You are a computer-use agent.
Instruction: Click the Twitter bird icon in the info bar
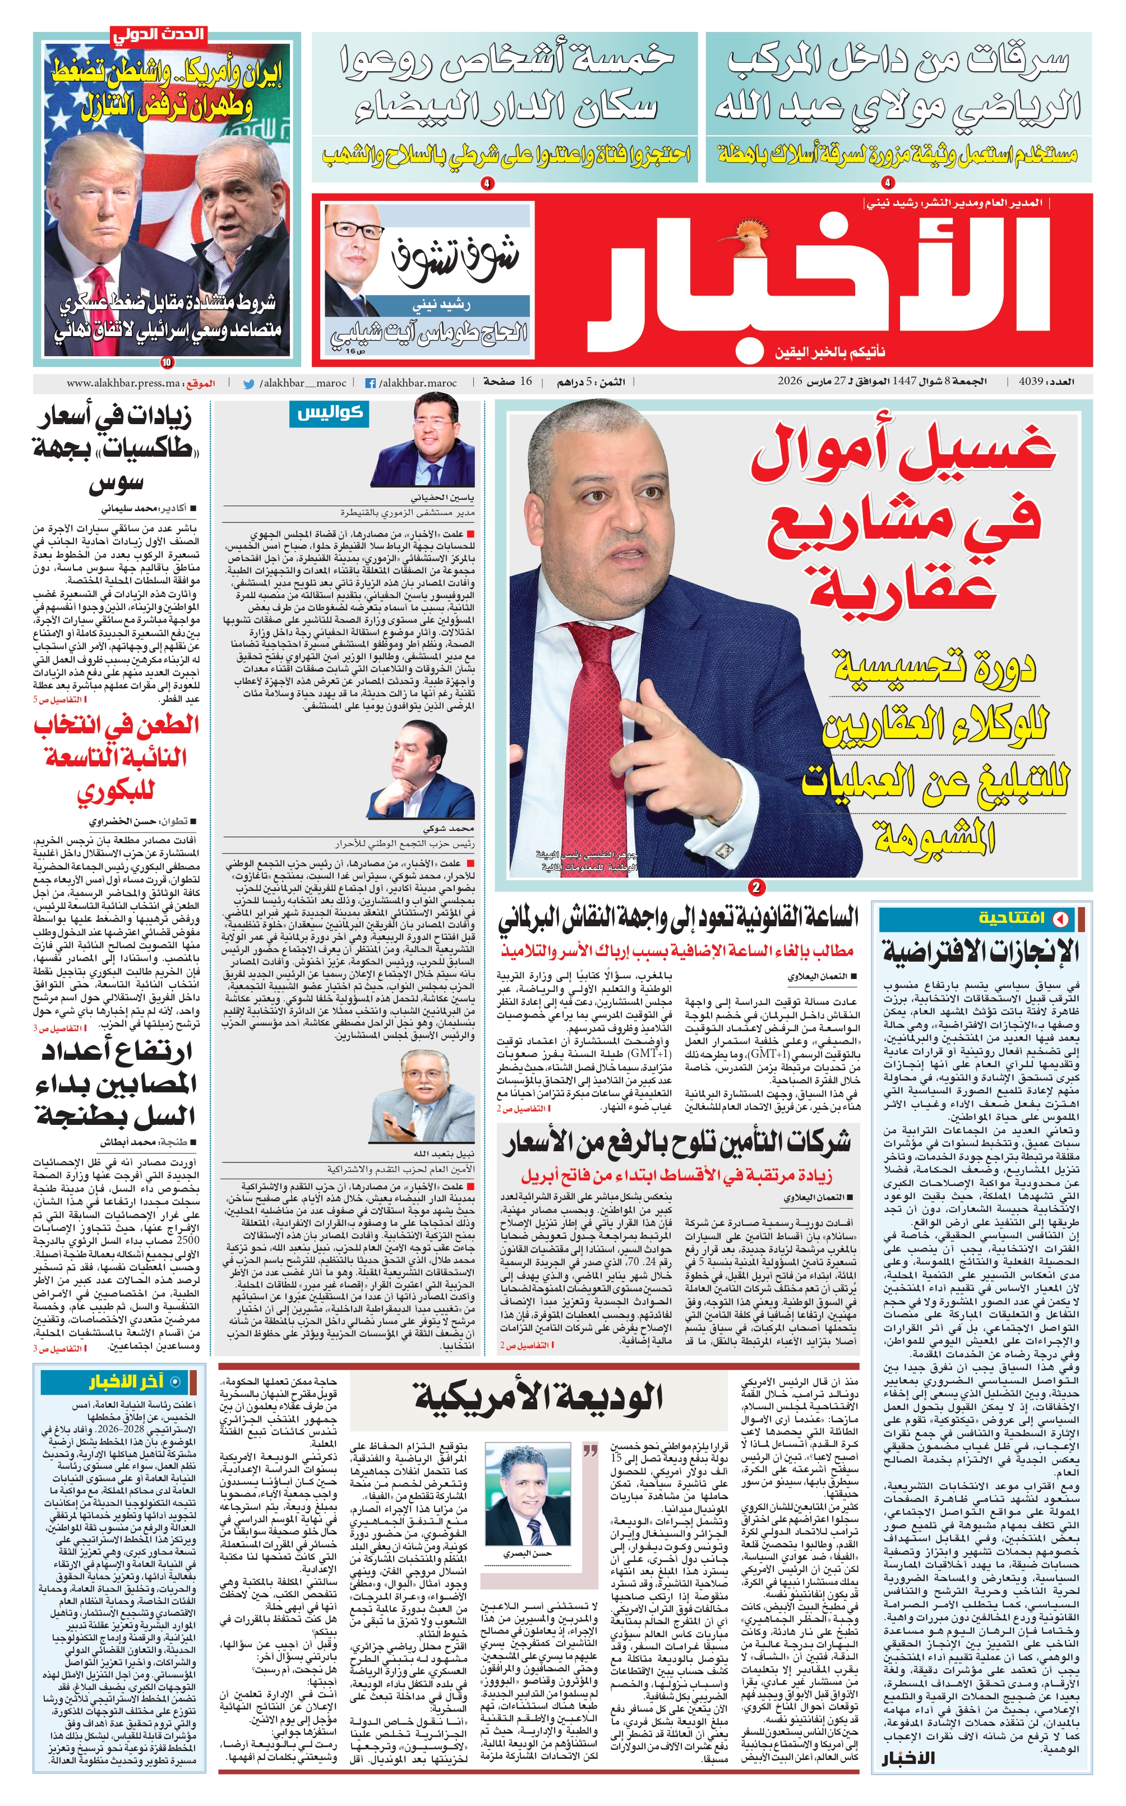click(x=249, y=384)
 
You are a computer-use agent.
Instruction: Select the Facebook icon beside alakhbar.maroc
click(x=370, y=384)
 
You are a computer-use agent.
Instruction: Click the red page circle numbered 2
click(x=756, y=886)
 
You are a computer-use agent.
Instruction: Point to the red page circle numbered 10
click(x=166, y=363)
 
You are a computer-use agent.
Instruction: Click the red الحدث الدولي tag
click(x=158, y=35)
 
